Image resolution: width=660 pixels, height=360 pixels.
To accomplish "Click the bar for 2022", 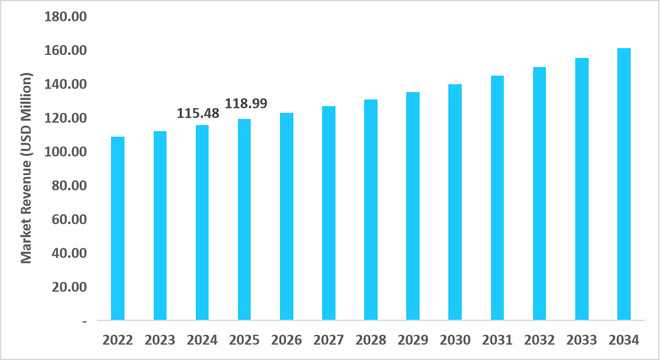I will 118,228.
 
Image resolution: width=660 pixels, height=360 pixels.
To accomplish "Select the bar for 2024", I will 202,223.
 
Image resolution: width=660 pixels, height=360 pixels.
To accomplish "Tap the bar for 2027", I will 329,213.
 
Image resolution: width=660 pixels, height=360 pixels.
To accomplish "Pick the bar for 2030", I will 455,202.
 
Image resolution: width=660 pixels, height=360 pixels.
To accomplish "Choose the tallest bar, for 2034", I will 623,184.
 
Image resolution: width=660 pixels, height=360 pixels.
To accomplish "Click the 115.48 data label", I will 198,113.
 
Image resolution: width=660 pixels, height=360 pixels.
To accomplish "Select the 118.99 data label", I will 246,103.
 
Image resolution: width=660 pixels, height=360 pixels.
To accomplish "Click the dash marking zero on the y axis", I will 84,320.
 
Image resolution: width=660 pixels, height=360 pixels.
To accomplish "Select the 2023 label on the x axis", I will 160,340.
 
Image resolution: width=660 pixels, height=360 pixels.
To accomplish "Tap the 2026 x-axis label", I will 287,340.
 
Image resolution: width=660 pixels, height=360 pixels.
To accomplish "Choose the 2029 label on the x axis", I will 413,340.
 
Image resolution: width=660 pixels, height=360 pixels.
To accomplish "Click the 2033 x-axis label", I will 581,340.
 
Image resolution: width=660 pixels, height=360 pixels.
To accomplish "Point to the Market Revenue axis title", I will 26,168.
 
